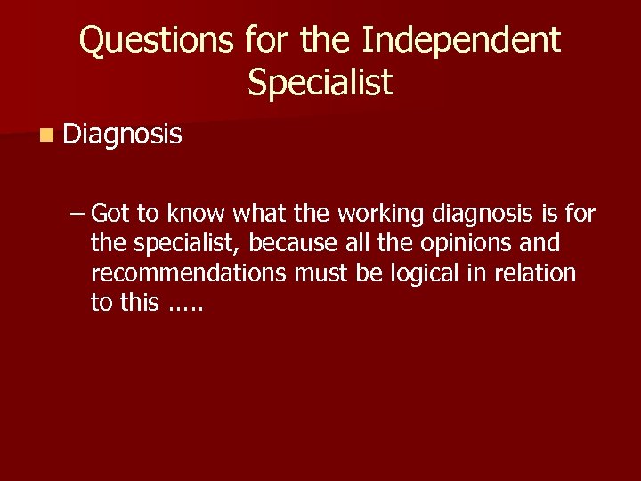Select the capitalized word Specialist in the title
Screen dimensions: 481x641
point(320,83)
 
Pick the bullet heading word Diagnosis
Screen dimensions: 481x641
point(123,135)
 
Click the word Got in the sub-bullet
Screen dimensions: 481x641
point(110,213)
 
